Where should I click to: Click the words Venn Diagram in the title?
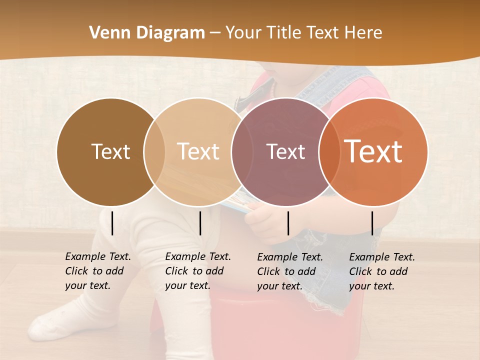[146, 33]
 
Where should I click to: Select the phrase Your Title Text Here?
[303, 33]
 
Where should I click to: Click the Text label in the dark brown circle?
[110, 151]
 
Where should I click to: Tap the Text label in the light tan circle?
[198, 151]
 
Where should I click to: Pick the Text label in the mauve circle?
[285, 151]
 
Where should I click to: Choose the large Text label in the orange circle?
[373, 151]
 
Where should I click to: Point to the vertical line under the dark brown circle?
[112, 223]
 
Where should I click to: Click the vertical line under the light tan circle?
[200, 223]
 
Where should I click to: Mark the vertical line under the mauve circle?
[288, 223]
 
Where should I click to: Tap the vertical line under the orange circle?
[372, 223]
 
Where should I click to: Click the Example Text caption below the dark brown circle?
[97, 271]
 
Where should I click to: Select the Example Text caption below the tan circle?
[197, 271]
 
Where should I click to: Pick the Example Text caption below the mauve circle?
[289, 271]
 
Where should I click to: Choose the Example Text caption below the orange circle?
[381, 271]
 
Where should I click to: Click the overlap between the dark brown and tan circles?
[154, 151]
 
